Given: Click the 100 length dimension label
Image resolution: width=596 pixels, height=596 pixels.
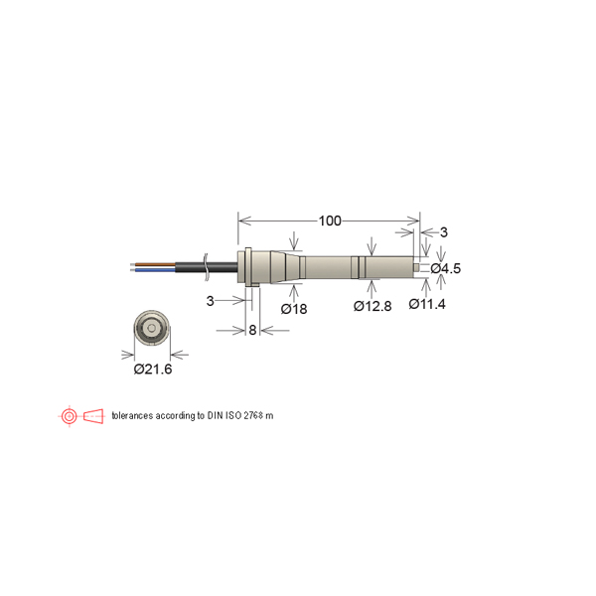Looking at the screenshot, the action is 330,221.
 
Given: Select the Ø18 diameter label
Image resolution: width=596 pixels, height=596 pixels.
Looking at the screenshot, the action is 294,309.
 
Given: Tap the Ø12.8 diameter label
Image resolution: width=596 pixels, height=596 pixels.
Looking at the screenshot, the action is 372,306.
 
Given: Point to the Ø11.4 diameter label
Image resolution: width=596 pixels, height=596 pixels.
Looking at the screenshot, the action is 427,304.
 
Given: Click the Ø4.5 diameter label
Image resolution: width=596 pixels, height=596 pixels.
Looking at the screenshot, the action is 445,269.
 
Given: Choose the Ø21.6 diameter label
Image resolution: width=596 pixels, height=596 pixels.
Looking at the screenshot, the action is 153,369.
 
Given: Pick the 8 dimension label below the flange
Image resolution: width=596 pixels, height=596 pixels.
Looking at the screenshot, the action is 252,330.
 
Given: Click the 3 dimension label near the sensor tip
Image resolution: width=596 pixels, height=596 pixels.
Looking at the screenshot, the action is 444,232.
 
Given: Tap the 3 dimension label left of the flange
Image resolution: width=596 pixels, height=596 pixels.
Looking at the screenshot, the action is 210,301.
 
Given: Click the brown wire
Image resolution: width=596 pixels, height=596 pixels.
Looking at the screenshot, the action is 152,264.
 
